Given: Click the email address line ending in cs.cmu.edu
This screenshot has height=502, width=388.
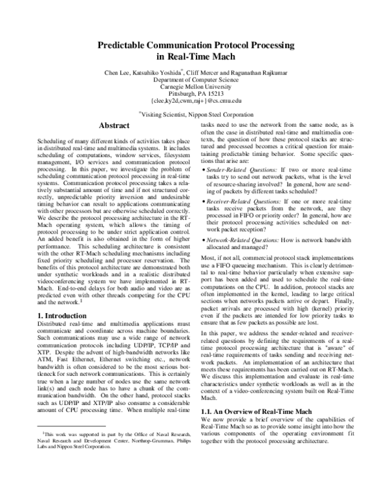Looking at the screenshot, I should pyautogui.click(x=195, y=101).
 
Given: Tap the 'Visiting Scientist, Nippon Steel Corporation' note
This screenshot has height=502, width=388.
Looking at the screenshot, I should pyautogui.click(x=195, y=113).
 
